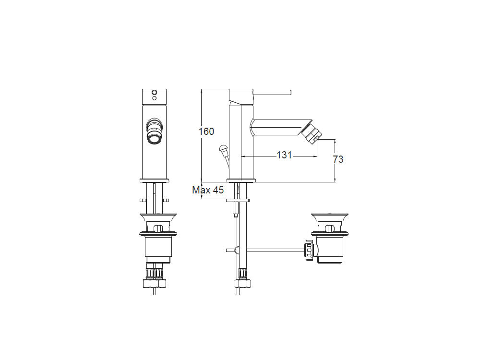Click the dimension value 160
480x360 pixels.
[206, 131]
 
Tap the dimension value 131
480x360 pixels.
[285, 155]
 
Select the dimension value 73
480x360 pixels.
[338, 159]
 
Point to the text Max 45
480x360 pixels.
[208, 190]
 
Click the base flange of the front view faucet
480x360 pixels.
[154, 180]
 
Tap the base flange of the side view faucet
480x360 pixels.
[240, 180]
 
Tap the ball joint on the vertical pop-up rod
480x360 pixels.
[236, 250]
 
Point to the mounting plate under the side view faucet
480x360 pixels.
[238, 200]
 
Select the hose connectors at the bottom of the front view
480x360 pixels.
[154, 275]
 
